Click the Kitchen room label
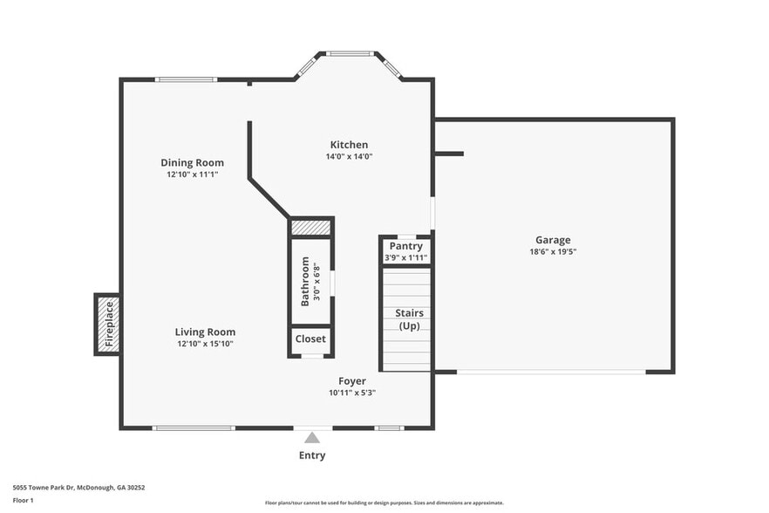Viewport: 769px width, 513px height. pyautogui.click(x=349, y=145)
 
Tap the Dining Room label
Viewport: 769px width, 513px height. pyautogui.click(x=192, y=162)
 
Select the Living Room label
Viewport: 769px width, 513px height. pyautogui.click(x=205, y=332)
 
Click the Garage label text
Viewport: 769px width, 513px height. pyautogui.click(x=553, y=240)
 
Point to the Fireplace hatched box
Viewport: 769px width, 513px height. pyautogui.click(x=107, y=325)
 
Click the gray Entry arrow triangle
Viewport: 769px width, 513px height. pyautogui.click(x=312, y=438)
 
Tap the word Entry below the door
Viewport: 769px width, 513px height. pyautogui.click(x=312, y=455)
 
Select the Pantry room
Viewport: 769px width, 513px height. pyautogui.click(x=406, y=250)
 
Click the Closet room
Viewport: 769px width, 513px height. pyautogui.click(x=310, y=339)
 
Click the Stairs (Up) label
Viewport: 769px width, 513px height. pyautogui.click(x=409, y=318)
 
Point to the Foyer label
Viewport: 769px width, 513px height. pyautogui.click(x=352, y=381)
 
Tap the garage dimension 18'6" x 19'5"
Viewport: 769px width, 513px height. pyautogui.click(x=553, y=251)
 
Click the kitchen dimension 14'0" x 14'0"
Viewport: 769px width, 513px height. pyautogui.click(x=349, y=157)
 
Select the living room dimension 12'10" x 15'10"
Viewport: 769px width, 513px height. pyautogui.click(x=205, y=344)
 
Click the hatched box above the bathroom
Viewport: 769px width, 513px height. pyautogui.click(x=311, y=228)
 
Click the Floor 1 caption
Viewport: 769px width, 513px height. pyautogui.click(x=23, y=500)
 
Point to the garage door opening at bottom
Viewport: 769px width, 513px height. pyautogui.click(x=551, y=373)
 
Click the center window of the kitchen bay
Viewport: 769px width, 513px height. pyautogui.click(x=350, y=54)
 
